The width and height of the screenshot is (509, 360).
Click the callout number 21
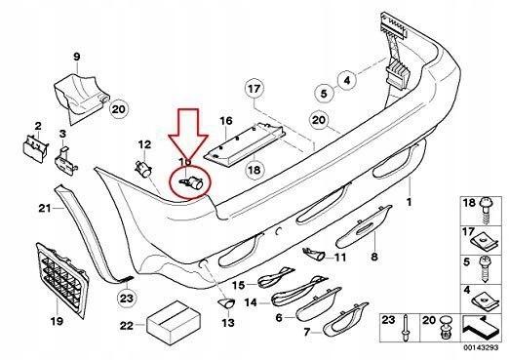[x=44, y=208]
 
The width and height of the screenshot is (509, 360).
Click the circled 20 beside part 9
[x=118, y=109]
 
